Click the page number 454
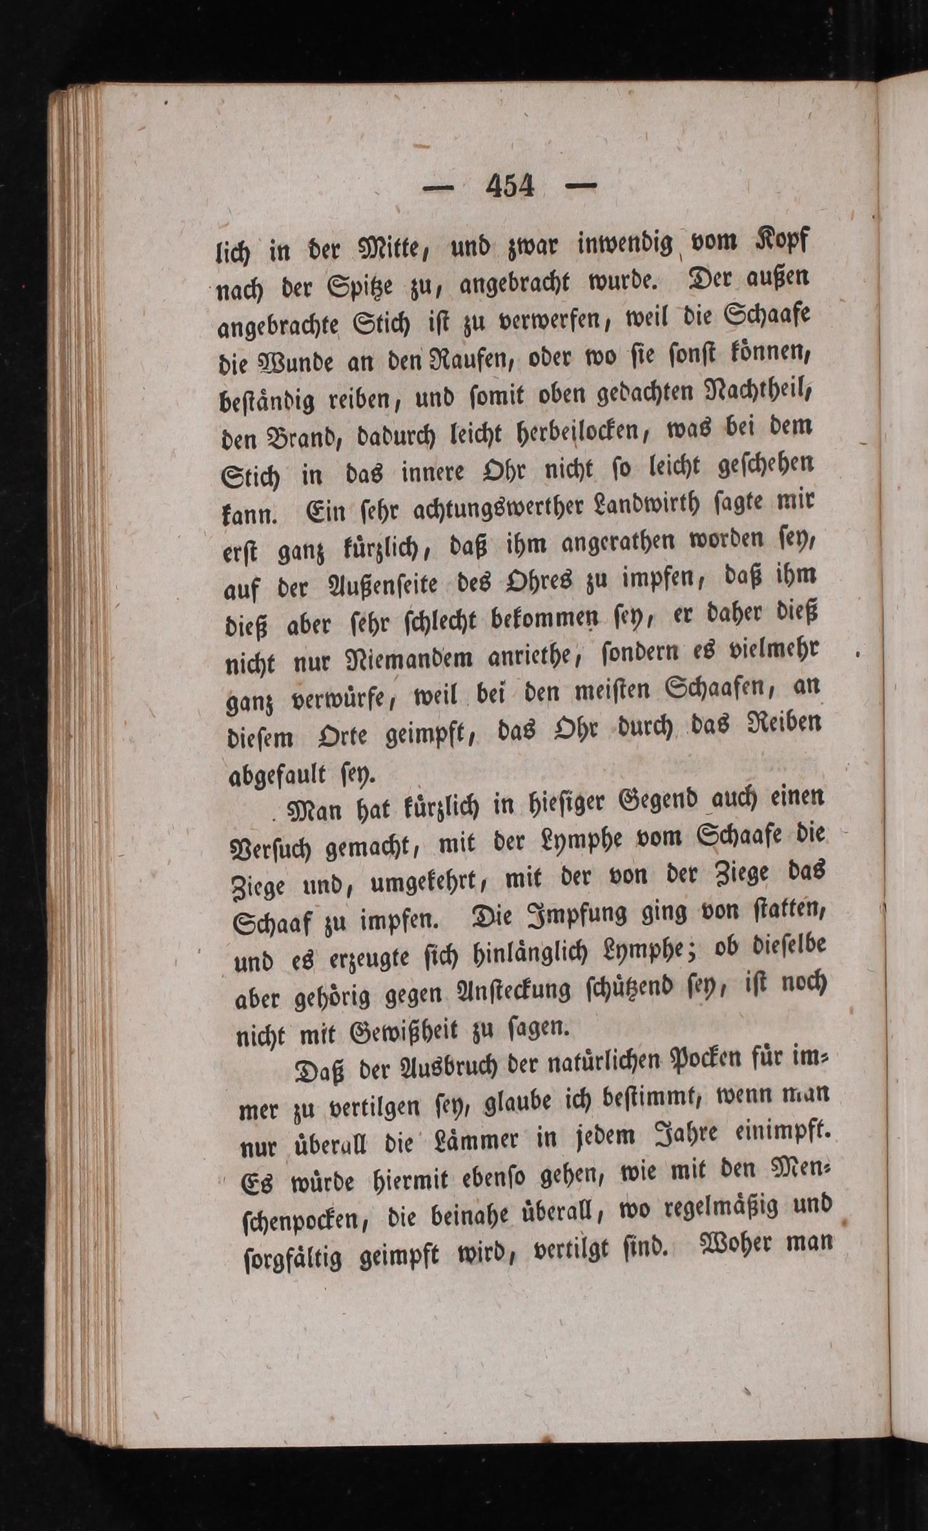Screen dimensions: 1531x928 (x=510, y=187)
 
